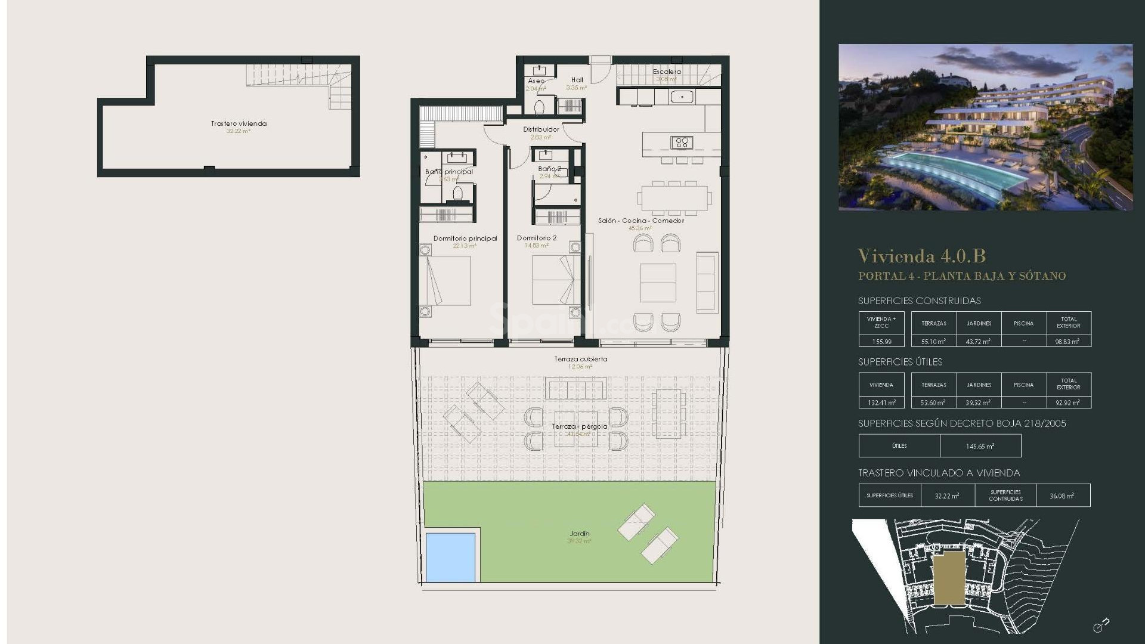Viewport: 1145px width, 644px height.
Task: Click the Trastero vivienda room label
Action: pyautogui.click(x=239, y=124)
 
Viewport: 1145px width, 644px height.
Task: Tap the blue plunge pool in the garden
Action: pyautogui.click(x=450, y=557)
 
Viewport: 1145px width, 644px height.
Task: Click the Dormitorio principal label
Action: pyautogui.click(x=465, y=239)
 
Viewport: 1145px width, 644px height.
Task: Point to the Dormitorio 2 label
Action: pyautogui.click(x=537, y=238)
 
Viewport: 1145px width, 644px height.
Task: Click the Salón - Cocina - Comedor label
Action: pyautogui.click(x=641, y=221)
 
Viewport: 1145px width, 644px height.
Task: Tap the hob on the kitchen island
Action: pyautogui.click(x=681, y=142)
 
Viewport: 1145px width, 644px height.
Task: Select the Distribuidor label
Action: pyautogui.click(x=541, y=129)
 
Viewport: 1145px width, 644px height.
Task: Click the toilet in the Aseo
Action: pyautogui.click(x=539, y=107)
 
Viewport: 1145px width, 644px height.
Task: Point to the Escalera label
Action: pyautogui.click(x=667, y=72)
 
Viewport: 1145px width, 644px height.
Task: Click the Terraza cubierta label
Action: pyautogui.click(x=580, y=359)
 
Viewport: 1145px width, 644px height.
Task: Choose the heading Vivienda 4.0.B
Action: pyautogui.click(x=921, y=256)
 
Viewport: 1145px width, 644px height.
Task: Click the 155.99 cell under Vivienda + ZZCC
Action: pyautogui.click(x=881, y=342)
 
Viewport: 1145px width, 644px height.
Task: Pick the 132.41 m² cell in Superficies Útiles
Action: pyautogui.click(x=881, y=402)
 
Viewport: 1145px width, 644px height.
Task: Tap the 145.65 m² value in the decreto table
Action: pyautogui.click(x=980, y=446)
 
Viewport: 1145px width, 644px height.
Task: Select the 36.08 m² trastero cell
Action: pyautogui.click(x=1062, y=496)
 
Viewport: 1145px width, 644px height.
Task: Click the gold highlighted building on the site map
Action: pyautogui.click(x=949, y=577)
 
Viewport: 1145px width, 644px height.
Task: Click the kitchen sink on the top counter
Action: pyautogui.click(x=681, y=96)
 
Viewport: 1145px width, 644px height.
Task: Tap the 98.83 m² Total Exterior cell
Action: pyautogui.click(x=1068, y=342)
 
